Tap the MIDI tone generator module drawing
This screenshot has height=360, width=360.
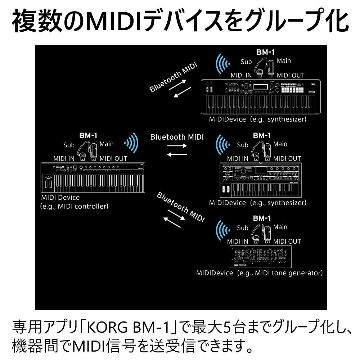261,256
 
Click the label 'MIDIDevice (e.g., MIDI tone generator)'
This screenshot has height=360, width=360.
259,273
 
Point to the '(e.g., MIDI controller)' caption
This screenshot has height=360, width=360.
74,206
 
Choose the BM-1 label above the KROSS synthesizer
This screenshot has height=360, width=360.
265,52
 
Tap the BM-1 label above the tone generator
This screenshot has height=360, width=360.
262,218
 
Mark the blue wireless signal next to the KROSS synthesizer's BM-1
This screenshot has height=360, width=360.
222,64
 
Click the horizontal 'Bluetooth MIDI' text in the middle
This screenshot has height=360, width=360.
177,137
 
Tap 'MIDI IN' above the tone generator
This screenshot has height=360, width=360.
238,241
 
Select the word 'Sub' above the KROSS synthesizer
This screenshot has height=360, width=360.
246,62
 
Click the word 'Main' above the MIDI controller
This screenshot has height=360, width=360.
107,144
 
